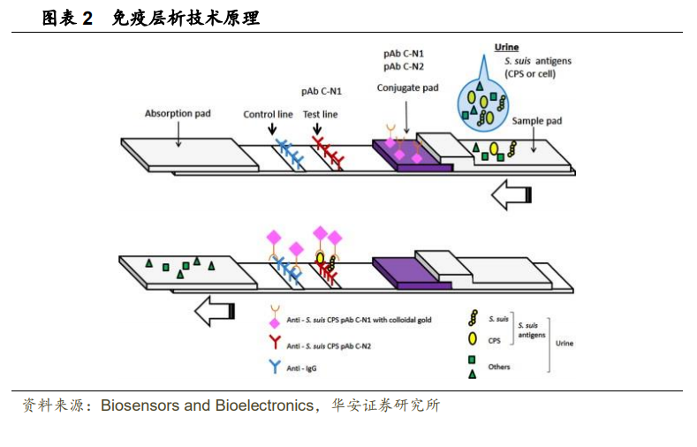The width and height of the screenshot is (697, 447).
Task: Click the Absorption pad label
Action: point(178,113)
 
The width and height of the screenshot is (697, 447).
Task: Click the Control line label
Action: point(268,114)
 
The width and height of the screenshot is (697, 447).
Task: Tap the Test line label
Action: point(320,114)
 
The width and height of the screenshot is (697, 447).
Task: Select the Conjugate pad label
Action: point(407,88)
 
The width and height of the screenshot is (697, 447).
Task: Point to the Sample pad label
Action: point(537,121)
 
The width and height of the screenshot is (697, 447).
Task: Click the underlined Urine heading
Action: point(507,47)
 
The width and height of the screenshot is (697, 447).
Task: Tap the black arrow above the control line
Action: point(272,129)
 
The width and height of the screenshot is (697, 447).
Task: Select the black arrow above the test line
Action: point(317,129)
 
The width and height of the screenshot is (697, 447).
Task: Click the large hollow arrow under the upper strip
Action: point(511,194)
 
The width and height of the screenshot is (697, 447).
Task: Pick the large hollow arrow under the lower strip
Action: point(215,311)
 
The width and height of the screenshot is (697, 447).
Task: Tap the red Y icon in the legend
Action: point(275,342)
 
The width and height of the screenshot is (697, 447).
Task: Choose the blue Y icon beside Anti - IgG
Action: point(275,366)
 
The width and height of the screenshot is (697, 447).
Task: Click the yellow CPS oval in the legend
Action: point(473,339)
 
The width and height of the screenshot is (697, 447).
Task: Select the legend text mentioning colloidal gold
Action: point(359,320)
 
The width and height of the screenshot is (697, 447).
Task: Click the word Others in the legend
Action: point(499,367)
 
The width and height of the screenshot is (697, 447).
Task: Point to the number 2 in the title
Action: point(87,19)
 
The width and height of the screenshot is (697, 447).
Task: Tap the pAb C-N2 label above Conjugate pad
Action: point(404,66)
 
